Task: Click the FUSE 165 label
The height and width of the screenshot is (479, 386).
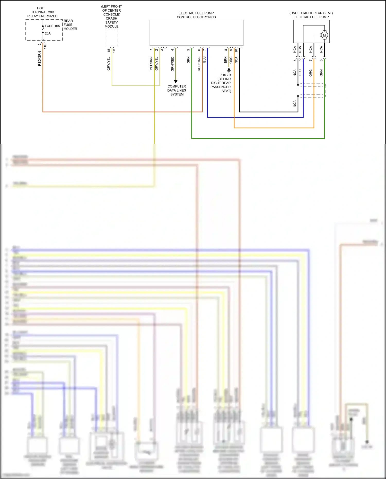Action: point(52,26)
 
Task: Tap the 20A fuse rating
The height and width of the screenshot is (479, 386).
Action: point(48,33)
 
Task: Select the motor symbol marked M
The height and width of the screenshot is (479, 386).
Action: point(324,35)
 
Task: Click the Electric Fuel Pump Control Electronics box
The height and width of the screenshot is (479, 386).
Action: point(196,33)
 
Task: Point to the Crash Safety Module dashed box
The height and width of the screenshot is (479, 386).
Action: point(112,38)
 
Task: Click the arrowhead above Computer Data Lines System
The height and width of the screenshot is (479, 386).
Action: point(176,81)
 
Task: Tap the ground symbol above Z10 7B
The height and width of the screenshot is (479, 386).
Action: point(229,70)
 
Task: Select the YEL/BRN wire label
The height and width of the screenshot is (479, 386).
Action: point(151,64)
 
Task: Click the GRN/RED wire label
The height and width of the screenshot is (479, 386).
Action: point(172,64)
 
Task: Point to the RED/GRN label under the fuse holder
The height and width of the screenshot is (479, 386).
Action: point(40,58)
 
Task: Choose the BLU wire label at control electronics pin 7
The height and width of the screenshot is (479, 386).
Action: point(205,60)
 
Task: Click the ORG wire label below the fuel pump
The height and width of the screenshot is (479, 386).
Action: point(311,73)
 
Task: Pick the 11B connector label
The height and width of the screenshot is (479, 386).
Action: point(45,46)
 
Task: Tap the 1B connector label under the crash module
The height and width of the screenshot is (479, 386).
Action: point(114,50)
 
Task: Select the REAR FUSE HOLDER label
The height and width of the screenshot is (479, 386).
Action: point(70,25)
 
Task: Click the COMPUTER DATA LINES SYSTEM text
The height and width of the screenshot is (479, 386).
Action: point(177,90)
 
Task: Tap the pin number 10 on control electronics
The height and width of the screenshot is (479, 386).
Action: point(236,51)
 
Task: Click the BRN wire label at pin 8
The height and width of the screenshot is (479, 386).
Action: point(226,60)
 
